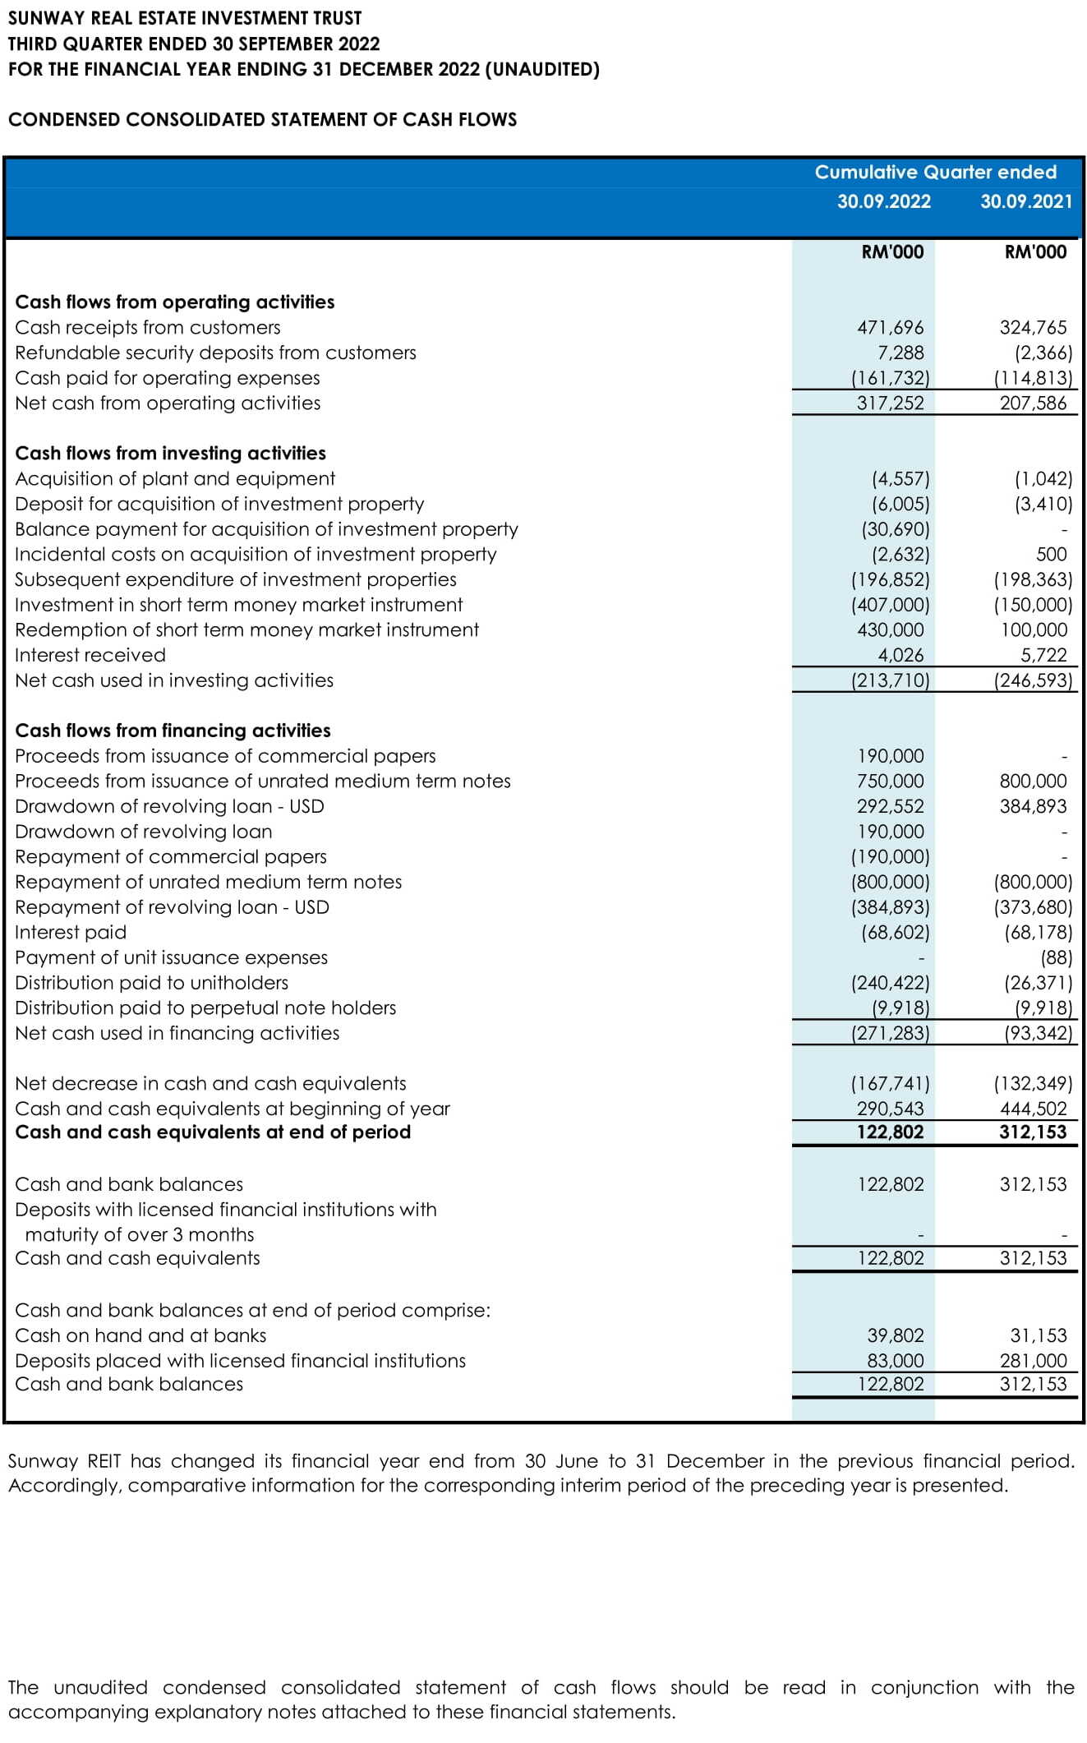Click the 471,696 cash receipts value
click(x=890, y=327)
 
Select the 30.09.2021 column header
click(x=1026, y=201)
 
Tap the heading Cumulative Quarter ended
click(x=935, y=172)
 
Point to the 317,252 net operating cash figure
click(x=890, y=403)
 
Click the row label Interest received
click(x=90, y=655)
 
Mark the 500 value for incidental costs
click(x=1051, y=554)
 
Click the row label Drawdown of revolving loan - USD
click(x=169, y=806)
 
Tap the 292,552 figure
click(x=890, y=806)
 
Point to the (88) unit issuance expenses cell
click(x=1056, y=957)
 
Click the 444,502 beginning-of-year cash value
click(x=1033, y=1109)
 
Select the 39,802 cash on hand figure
click(x=895, y=1335)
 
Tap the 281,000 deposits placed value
click(x=1033, y=1361)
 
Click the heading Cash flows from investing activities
click(x=170, y=453)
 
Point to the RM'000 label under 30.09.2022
click(x=892, y=252)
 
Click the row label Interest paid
click(x=71, y=932)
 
